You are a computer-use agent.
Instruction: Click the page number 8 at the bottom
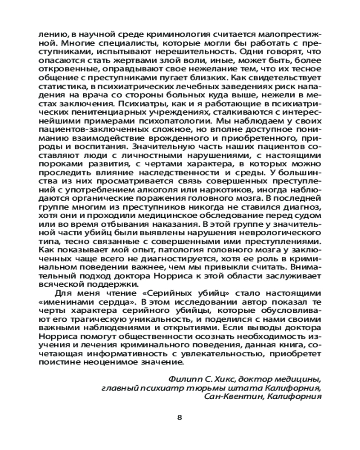point(180,417)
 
